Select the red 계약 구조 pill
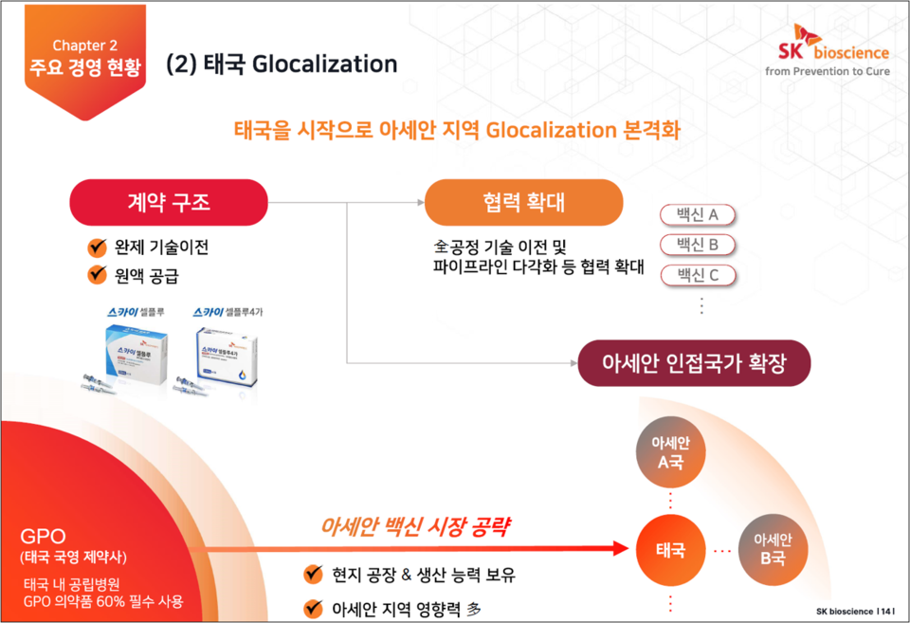pos(169,202)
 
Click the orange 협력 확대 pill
pos(523,202)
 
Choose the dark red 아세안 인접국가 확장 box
pos(694,363)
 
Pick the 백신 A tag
pos(698,215)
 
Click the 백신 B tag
pos(698,246)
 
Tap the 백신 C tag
pos(698,276)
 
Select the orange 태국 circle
pos(670,550)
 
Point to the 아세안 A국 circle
pos(670,453)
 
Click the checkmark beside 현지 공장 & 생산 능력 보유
pos(312,575)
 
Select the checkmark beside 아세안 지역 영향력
pos(312,608)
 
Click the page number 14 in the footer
pos(886,612)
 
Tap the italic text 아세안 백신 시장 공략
pos(410,527)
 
